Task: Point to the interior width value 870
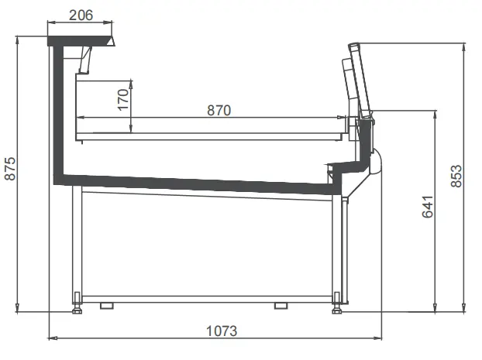pos(219,110)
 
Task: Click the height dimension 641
pos(428,207)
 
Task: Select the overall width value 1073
pos(221,331)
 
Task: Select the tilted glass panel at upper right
pos(355,77)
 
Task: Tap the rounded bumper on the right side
pos(377,160)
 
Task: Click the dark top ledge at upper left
pos(81,39)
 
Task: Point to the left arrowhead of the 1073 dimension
pos(51,338)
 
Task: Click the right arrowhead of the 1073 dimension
pos(380,338)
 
